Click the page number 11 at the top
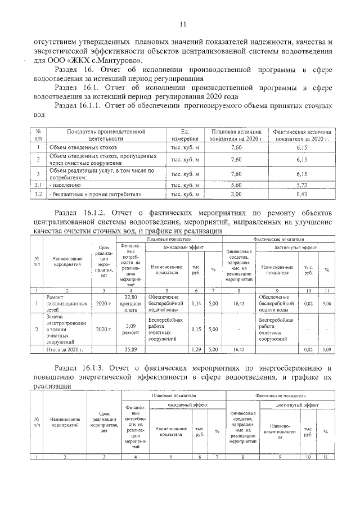[x=182, y=24]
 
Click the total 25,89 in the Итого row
[x=130, y=349]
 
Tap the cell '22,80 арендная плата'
[x=130, y=303]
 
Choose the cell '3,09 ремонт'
[x=130, y=330]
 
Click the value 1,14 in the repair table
[x=197, y=303]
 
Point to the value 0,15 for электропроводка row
[x=197, y=330]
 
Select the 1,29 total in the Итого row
[x=197, y=349]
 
